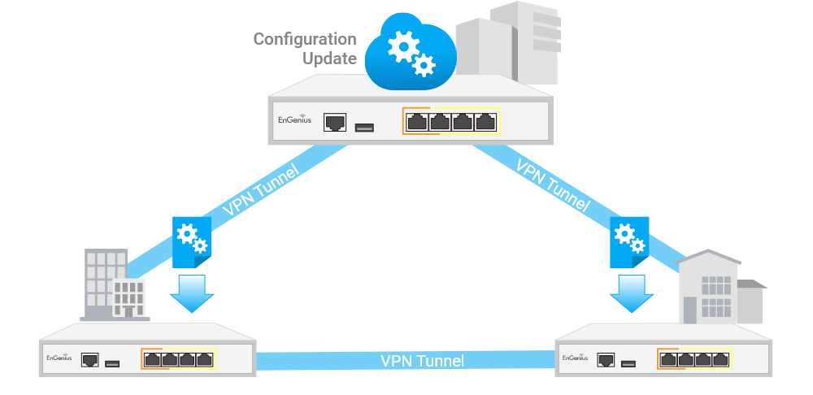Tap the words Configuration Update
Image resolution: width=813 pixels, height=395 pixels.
pyautogui.click(x=306, y=49)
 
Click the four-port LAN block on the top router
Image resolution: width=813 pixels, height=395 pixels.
pyautogui.click(x=451, y=123)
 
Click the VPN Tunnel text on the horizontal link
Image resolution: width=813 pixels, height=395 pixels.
pyautogui.click(x=423, y=360)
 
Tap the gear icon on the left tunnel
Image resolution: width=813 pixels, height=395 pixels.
pyautogui.click(x=192, y=238)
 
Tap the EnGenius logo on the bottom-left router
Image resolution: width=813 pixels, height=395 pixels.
pyautogui.click(x=59, y=358)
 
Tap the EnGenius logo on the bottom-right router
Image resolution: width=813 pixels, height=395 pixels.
pyautogui.click(x=575, y=358)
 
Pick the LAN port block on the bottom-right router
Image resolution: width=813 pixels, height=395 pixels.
pyautogui.click(x=694, y=358)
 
